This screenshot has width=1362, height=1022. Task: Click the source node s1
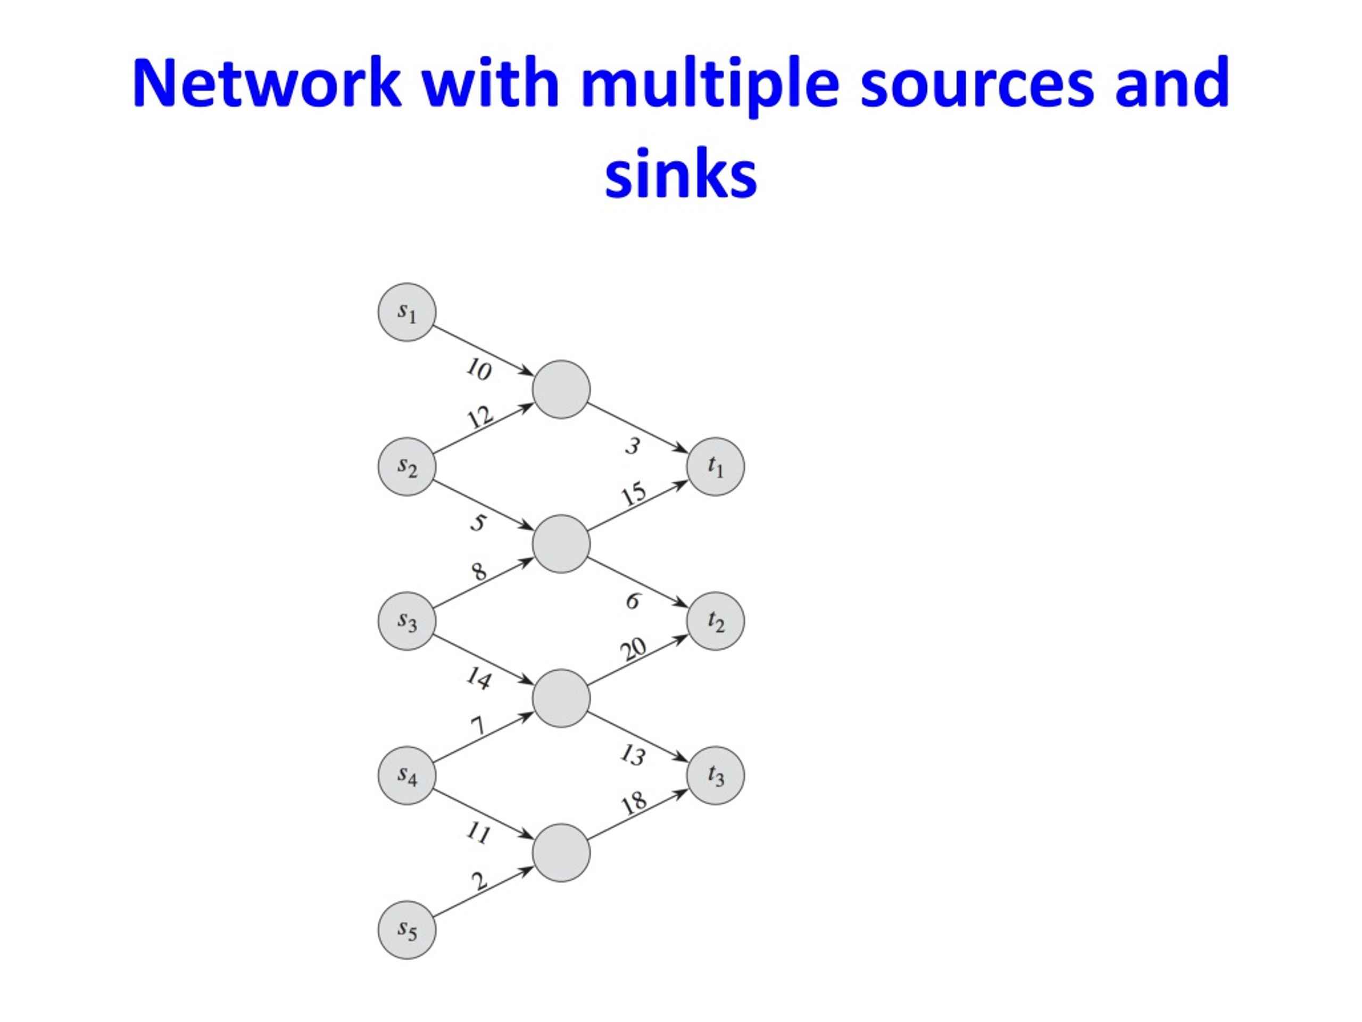pos(407,312)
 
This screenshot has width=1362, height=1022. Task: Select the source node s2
pos(407,467)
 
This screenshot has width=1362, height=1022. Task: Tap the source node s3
pos(407,621)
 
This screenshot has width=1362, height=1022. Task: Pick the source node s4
pos(407,775)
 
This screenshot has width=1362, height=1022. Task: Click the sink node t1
pos(716,467)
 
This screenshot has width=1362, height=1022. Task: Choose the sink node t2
pos(716,621)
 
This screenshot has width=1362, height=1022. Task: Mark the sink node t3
pos(716,775)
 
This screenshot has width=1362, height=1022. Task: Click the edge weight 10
pos(478,369)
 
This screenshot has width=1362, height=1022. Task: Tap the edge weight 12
pos(480,418)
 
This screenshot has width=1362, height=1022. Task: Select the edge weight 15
pos(634,494)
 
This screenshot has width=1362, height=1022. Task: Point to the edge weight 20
pos(634,649)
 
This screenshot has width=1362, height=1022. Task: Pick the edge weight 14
pos(478,678)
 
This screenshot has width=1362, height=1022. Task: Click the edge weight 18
pos(634,803)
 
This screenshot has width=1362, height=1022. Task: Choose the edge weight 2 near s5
pos(480,881)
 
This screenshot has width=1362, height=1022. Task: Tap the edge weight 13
pos(633,755)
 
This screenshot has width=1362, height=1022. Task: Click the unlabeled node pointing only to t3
pos(561,853)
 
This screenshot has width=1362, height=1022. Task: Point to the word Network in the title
pos(267,82)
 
